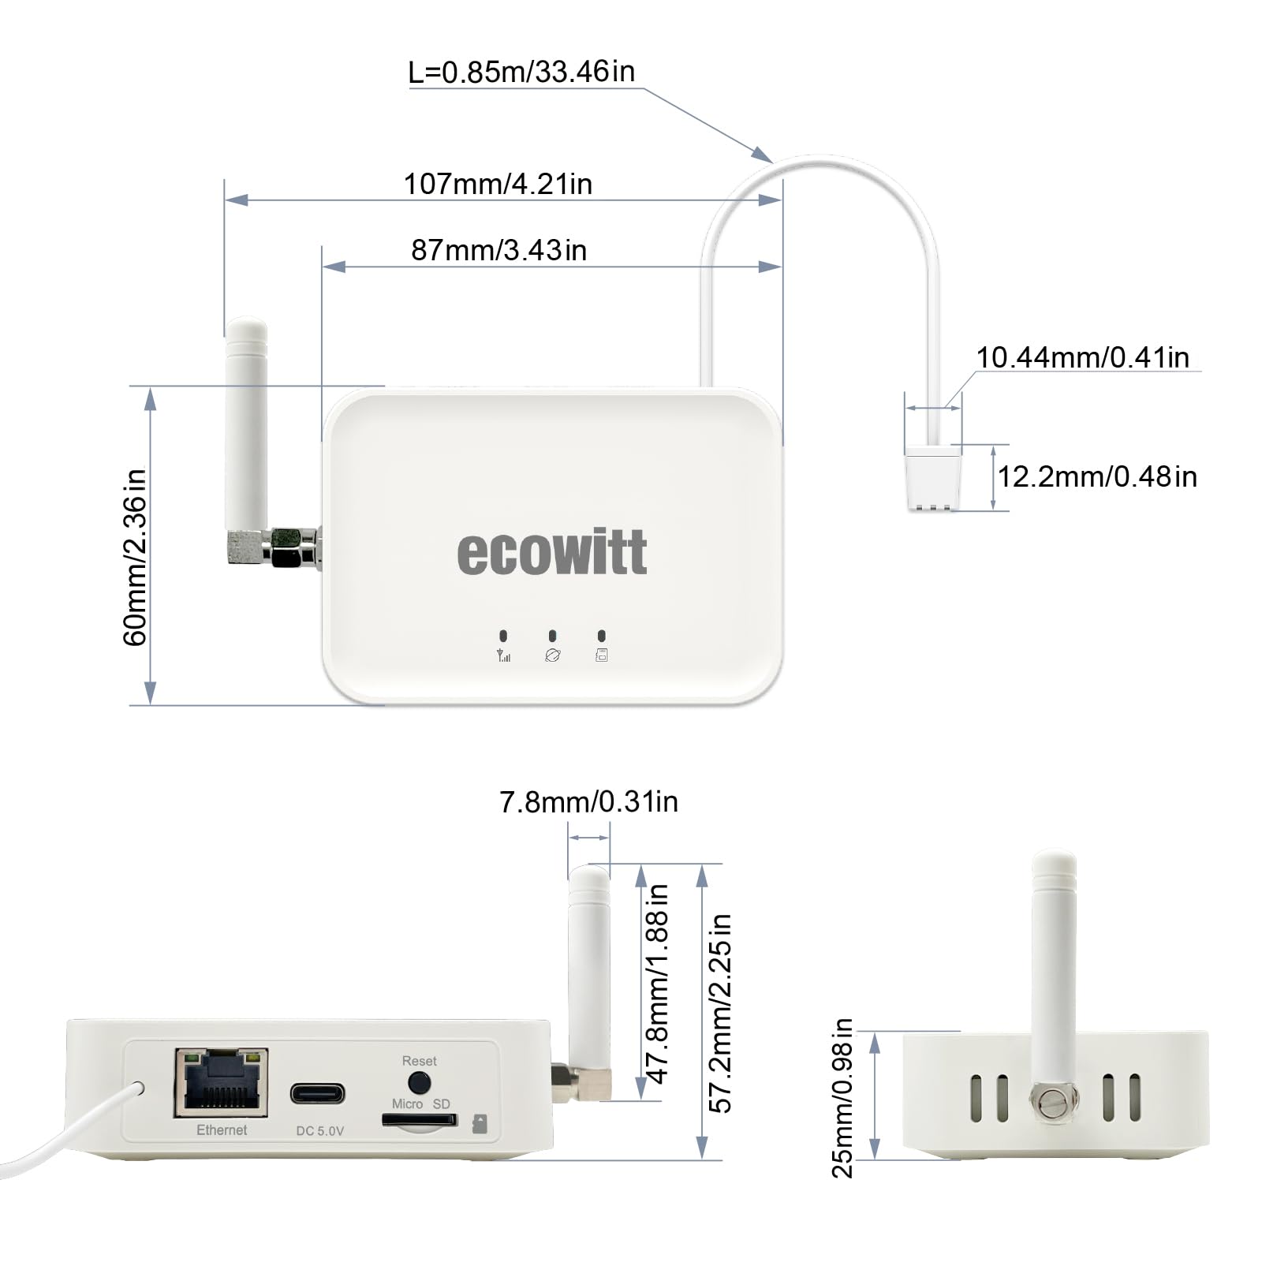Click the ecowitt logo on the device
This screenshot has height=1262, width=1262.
coord(552,552)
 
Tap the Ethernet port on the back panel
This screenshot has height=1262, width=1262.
coord(222,1082)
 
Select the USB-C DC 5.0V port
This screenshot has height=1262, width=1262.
coord(317,1094)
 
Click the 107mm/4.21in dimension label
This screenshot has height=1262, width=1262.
coord(498,185)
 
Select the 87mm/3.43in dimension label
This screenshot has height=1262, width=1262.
coord(498,251)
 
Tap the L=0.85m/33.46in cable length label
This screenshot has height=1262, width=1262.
coord(521,73)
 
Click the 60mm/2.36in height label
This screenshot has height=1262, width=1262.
coord(136,557)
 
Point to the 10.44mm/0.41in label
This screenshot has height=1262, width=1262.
coord(1082,358)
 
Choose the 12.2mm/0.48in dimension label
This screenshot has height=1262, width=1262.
coord(1097,477)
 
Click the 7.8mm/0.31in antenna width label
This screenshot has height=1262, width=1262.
coord(588,802)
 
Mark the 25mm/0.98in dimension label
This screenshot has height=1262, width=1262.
coord(842,1098)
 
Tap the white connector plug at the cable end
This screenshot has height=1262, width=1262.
coord(934,479)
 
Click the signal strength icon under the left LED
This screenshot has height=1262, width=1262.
coord(503,655)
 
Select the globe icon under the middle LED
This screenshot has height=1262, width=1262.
coord(552,655)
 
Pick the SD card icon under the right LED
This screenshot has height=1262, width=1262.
coord(601,655)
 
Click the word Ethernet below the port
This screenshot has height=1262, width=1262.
coord(222,1130)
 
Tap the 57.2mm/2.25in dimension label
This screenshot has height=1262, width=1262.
coord(720,1013)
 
